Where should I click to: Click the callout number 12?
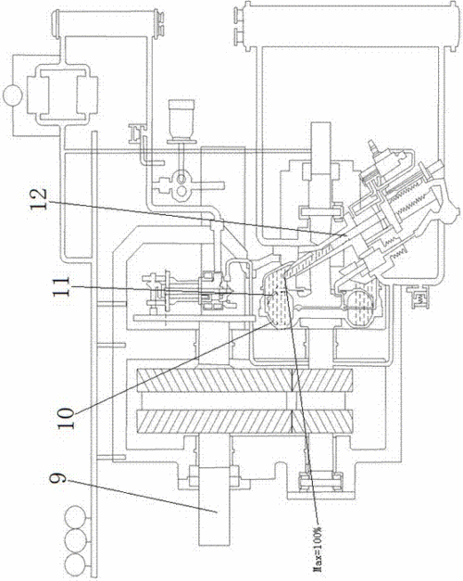(x=39, y=199)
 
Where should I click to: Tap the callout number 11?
(x=61, y=286)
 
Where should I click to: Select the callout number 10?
(x=67, y=418)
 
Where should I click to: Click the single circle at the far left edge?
(x=12, y=95)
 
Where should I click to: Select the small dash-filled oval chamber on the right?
(x=360, y=308)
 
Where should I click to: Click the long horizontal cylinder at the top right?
(x=349, y=24)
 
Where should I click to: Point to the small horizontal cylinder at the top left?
(x=107, y=23)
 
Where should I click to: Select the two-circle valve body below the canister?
(x=181, y=184)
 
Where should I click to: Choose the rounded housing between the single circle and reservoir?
(x=63, y=95)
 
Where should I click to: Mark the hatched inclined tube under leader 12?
(x=315, y=256)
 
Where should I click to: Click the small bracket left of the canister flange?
(x=135, y=134)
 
